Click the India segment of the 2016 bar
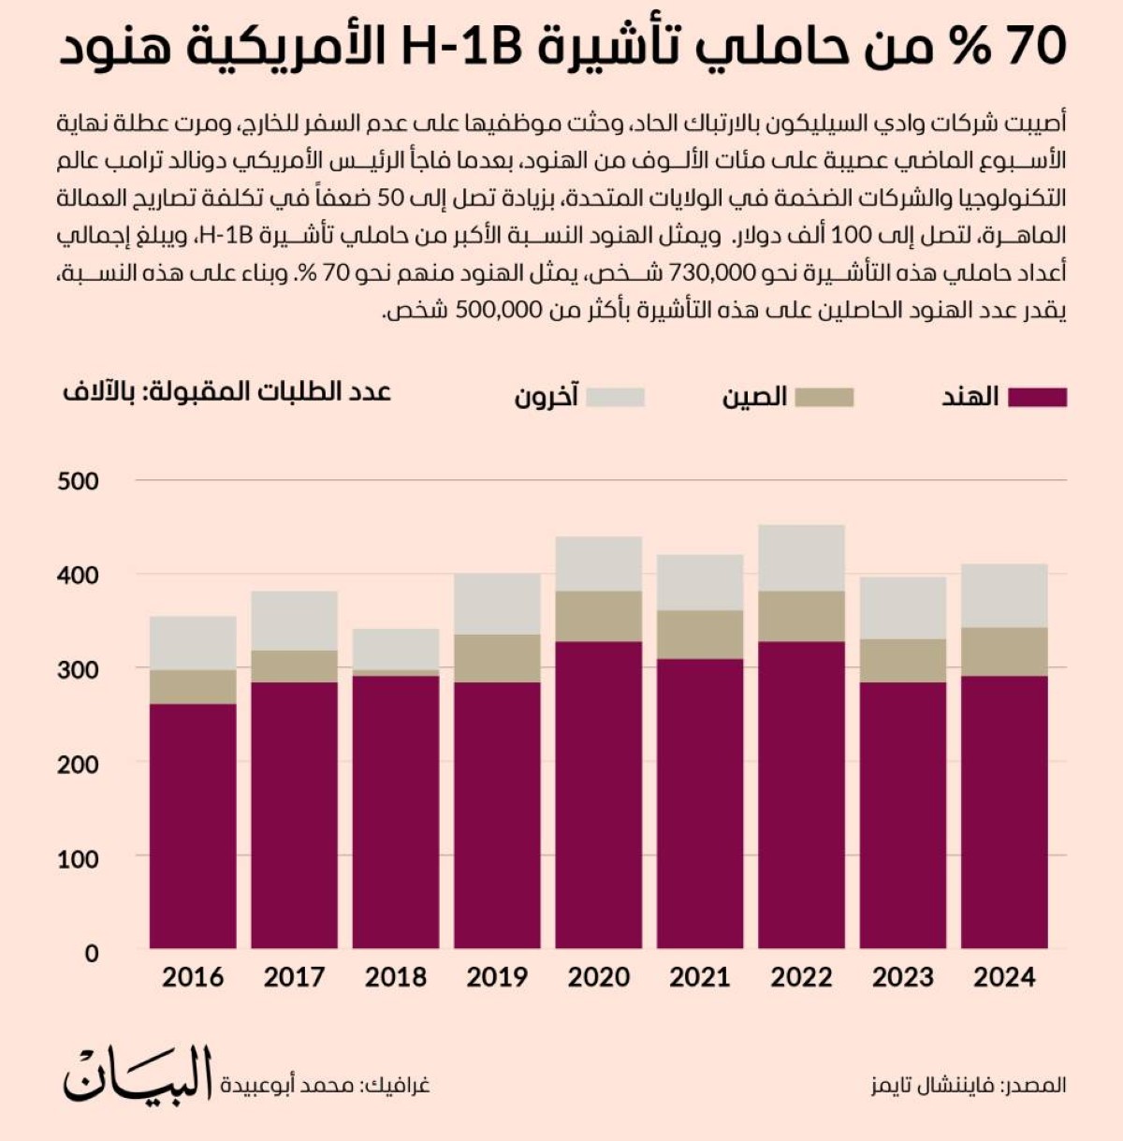coord(193,826)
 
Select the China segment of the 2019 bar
coord(497,658)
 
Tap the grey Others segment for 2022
coord(801,558)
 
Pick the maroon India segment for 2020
coord(598,795)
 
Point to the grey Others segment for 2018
coord(396,649)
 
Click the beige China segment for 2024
coord(1004,651)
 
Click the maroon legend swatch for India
coord(1037,397)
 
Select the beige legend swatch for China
coord(824,397)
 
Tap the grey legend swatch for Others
coord(616,397)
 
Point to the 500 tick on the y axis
coord(78,481)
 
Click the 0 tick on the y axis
coord(91,953)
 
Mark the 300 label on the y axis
coord(78,670)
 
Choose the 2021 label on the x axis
coord(699,977)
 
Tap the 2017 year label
coord(294,977)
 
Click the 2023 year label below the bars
coord(903,977)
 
